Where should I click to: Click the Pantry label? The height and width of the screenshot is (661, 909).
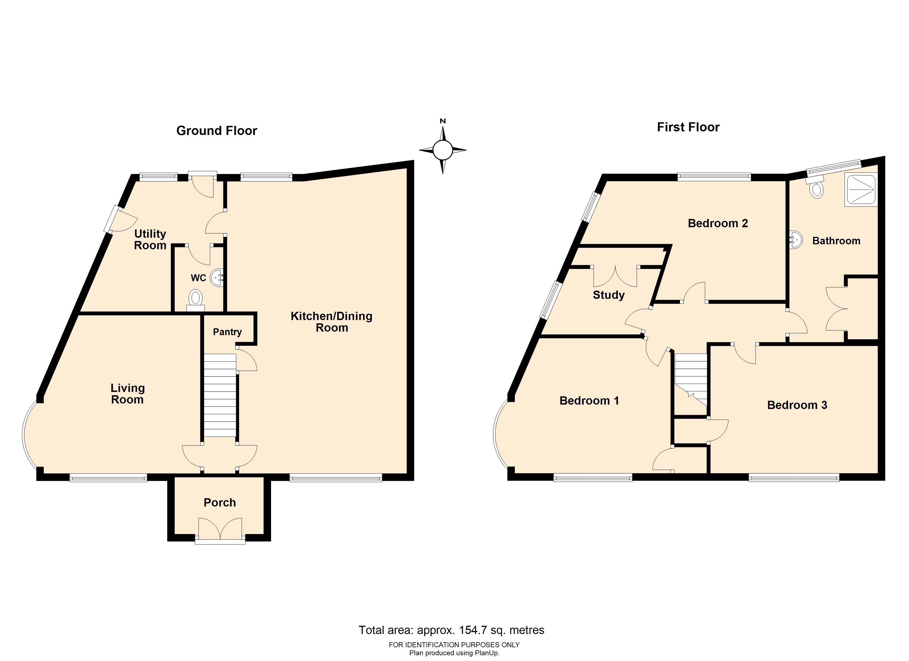[x=227, y=332]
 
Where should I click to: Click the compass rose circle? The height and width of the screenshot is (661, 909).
[x=443, y=150]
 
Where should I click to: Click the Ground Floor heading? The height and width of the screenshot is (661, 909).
[x=217, y=131]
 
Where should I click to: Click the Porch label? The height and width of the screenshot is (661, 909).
[x=220, y=503]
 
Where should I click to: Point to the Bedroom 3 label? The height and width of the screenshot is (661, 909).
[x=797, y=405]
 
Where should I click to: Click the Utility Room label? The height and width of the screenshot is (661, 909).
[x=150, y=240]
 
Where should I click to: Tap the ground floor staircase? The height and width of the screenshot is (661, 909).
[x=220, y=395]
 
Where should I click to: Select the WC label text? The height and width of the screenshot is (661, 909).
[x=198, y=278]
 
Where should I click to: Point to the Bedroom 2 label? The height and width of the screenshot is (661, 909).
[x=718, y=224]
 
